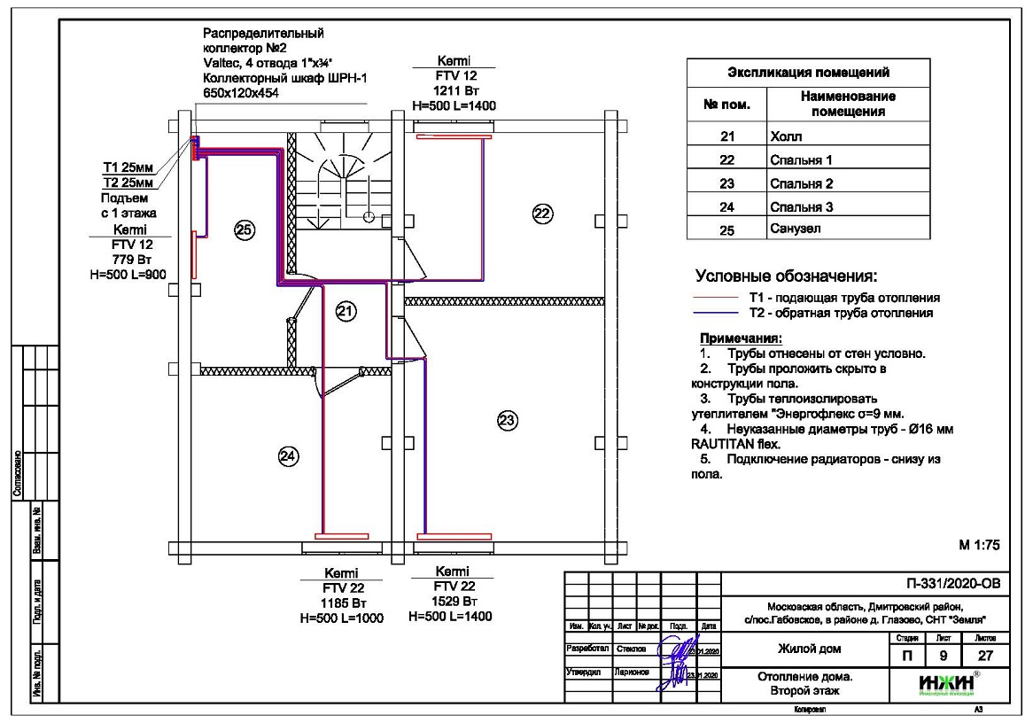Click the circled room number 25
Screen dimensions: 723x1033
tap(244, 230)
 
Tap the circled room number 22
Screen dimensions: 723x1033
tap(542, 212)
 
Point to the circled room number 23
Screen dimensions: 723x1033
tap(507, 420)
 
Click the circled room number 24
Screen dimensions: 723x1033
tap(289, 455)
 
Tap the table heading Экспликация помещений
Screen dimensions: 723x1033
tap(808, 73)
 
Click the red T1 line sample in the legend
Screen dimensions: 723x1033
tap(717, 298)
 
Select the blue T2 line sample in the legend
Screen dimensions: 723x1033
tap(717, 313)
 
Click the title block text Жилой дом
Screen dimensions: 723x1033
tap(809, 649)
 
